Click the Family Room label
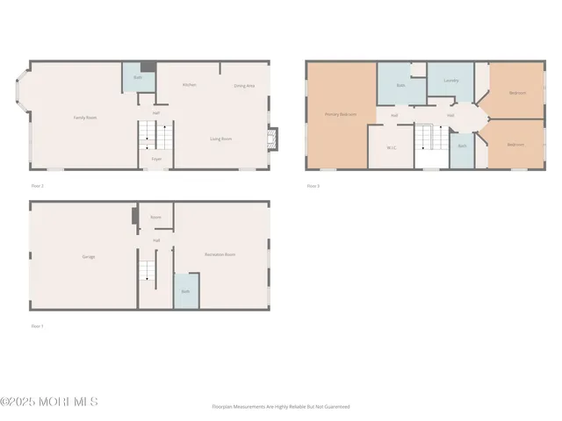click(83, 118)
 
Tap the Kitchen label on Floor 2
click(189, 85)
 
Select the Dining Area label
click(244, 86)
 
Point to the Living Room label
click(220, 139)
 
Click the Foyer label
click(156, 159)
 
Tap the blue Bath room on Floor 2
click(138, 78)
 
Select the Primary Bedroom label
click(341, 114)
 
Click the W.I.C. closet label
click(392, 147)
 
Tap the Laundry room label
click(451, 81)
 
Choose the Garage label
click(89, 257)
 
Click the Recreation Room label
click(220, 254)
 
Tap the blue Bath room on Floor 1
click(185, 291)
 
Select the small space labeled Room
click(155, 217)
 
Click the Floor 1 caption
click(37, 326)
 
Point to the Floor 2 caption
click(37, 186)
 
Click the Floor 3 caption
click(313, 186)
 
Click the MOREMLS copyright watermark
click(49, 402)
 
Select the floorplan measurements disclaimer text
click(281, 407)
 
